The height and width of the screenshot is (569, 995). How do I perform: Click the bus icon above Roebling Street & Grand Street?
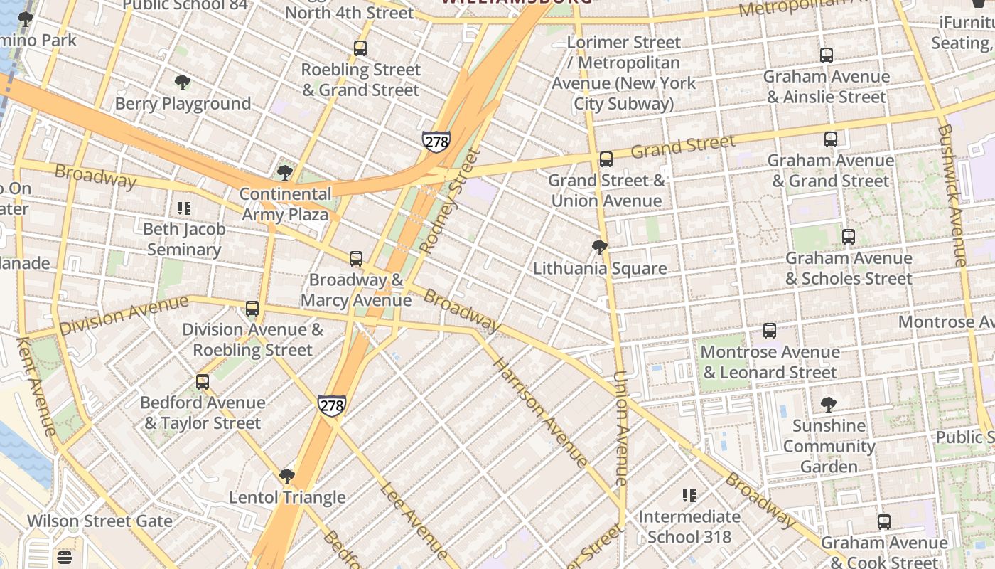(x=360, y=48)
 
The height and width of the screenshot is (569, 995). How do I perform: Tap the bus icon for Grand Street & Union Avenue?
(x=606, y=159)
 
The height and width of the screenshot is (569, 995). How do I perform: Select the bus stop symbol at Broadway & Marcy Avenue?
(x=356, y=259)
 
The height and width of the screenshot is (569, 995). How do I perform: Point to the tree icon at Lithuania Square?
(x=600, y=248)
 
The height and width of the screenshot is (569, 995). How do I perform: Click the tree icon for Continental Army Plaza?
(x=285, y=172)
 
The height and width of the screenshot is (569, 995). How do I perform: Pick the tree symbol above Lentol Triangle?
(x=287, y=476)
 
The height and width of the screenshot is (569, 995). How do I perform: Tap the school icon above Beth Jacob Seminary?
(x=184, y=208)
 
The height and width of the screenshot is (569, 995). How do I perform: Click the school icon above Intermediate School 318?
(x=689, y=495)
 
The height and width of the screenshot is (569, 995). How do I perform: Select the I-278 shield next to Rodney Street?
(x=436, y=141)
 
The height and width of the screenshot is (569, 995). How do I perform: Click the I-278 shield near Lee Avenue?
(x=332, y=405)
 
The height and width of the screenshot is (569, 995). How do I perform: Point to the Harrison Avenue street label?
(x=541, y=413)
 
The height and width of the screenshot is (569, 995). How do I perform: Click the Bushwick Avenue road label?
(x=952, y=196)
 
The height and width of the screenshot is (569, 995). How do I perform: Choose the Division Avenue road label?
(x=124, y=315)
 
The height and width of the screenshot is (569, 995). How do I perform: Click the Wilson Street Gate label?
(x=99, y=521)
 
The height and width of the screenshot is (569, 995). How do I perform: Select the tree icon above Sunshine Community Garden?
(x=828, y=405)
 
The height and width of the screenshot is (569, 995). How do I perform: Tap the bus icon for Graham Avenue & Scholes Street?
(x=848, y=237)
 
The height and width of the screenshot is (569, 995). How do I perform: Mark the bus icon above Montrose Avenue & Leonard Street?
(x=770, y=331)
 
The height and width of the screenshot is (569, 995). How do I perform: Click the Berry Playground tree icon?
(x=183, y=83)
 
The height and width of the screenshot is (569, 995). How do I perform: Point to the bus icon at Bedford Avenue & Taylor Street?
(x=203, y=382)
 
